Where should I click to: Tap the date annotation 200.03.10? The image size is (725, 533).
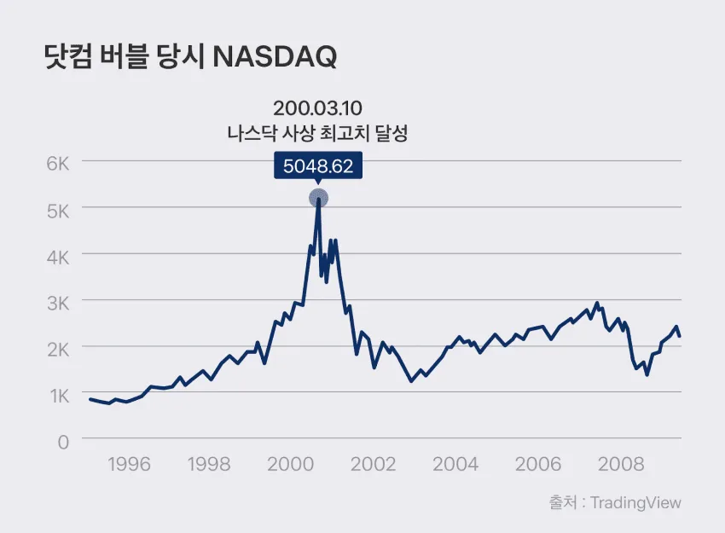coord(317,108)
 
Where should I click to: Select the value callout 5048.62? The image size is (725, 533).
coord(318,165)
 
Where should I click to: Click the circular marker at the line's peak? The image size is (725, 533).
coord(319,199)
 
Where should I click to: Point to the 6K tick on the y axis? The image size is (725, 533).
coord(58,164)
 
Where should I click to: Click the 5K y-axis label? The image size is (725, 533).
coord(58,211)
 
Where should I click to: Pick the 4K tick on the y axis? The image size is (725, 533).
coord(58,258)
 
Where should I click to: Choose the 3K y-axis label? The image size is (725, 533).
coord(58,304)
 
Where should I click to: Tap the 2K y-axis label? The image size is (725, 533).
coord(58,350)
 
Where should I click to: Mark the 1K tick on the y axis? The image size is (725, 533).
coord(60,397)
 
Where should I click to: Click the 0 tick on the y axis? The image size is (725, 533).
coord(63,443)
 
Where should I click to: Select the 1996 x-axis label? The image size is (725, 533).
coord(130,464)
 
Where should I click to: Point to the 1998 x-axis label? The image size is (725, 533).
coord(209,464)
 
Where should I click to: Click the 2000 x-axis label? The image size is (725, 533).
coord(290,464)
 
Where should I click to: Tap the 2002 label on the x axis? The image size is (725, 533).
coord(373,464)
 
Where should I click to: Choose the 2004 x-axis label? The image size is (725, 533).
coord(455,464)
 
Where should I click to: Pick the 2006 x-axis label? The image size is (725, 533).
coord(538,464)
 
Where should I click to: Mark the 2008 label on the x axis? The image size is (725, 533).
coord(621,464)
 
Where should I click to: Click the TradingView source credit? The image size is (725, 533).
coord(635,503)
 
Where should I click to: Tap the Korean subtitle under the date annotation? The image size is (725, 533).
coord(317,134)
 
